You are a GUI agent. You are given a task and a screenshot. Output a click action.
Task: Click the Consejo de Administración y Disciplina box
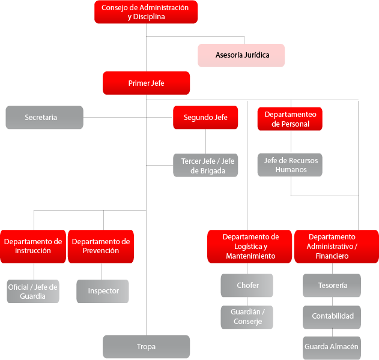click(146, 12)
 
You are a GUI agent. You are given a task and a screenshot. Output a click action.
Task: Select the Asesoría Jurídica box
click(241, 55)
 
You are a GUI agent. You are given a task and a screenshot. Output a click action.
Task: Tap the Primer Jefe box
click(146, 83)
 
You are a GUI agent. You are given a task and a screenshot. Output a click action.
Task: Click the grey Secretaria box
click(44, 118)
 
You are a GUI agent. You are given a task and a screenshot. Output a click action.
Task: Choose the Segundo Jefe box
click(205, 118)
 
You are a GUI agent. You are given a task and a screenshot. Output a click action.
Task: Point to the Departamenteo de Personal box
click(291, 119)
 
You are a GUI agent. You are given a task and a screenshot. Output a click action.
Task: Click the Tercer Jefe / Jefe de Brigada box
click(205, 166)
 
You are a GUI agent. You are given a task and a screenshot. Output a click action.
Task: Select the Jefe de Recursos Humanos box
click(291, 165)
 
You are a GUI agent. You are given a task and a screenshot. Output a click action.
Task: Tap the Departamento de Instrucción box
click(33, 246)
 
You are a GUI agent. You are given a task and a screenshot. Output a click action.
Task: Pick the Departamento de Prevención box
click(100, 246)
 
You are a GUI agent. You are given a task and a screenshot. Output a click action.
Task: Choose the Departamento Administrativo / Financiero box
click(336, 246)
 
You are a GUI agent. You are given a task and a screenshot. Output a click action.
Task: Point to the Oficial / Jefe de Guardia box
click(33, 291)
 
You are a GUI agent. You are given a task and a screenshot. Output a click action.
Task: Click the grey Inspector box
click(103, 291)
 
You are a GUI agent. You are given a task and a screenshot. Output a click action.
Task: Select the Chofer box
click(247, 286)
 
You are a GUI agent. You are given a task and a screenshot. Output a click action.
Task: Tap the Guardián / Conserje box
click(247, 317)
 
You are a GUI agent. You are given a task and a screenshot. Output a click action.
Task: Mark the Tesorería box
click(332, 286)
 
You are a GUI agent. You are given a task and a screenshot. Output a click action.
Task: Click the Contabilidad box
click(332, 316)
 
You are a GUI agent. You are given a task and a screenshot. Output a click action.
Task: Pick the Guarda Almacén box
click(332, 347)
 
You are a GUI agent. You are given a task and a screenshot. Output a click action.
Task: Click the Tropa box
click(146, 347)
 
